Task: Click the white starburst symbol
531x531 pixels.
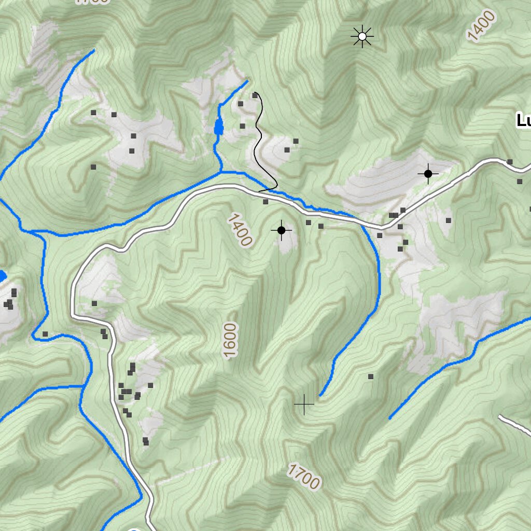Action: (362, 36)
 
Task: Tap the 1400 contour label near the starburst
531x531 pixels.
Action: (481, 26)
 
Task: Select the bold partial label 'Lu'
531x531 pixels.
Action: (523, 121)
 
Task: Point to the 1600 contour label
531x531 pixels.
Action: (231, 340)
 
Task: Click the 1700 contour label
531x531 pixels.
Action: (303, 477)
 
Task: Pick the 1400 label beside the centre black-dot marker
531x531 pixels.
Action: (239, 229)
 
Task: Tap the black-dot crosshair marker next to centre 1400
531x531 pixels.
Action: (282, 230)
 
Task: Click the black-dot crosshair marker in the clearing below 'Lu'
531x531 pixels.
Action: (428, 174)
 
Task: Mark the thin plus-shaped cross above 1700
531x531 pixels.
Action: (304, 404)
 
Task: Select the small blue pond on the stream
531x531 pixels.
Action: (219, 126)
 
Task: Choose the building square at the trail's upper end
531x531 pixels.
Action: (255, 95)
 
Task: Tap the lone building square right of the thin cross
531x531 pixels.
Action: (371, 376)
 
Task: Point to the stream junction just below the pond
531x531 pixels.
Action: (221, 171)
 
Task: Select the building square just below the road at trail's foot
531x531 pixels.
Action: (265, 202)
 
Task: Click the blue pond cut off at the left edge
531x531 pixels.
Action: (2, 276)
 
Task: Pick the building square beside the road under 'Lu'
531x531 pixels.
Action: (510, 162)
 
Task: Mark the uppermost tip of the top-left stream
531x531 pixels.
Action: (94, 50)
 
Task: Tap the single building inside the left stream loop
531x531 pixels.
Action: (46, 334)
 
